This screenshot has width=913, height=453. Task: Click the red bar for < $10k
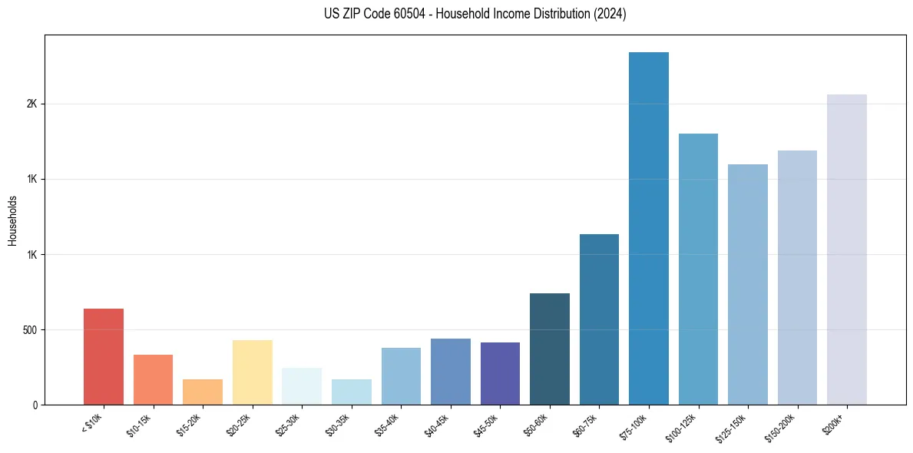[104, 356]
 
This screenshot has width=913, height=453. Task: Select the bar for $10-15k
[153, 379]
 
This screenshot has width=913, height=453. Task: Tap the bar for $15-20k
[203, 392]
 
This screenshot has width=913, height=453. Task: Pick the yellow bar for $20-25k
[253, 372]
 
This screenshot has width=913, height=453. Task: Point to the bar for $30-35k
[352, 392]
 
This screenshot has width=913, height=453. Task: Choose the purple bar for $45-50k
[500, 373]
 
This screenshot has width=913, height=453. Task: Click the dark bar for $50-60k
[550, 349]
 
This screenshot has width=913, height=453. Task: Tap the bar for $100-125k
[698, 269]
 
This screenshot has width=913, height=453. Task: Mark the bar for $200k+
[847, 250]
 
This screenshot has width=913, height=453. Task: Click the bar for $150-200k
[797, 277]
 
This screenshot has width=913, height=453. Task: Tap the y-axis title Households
[13, 220]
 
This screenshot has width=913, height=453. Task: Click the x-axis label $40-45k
[435, 424]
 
